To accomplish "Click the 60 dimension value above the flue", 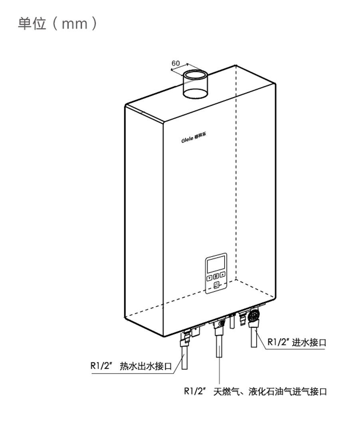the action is pos(176,63).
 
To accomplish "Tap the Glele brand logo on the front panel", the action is pos(194,137).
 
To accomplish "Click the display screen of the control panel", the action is pos(216,263).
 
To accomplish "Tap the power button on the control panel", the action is pos(216,285).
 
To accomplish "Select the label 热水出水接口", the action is pos(146,366).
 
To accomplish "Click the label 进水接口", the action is pos(309,342).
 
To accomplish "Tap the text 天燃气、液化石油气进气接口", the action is pos(270,391).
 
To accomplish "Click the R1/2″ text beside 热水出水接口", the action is pos(101,366).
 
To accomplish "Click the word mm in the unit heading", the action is pos(75,24).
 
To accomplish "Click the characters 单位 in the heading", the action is pos(32,24).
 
